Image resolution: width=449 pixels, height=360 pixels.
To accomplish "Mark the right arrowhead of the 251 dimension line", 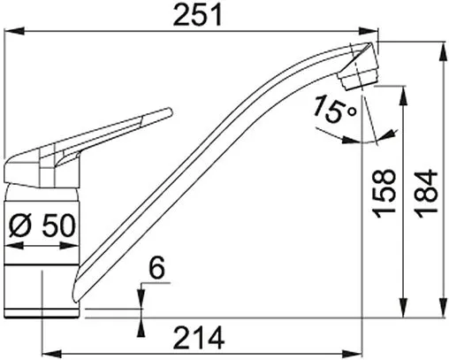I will pos(371,34).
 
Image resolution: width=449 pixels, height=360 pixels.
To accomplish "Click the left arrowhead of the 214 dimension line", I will pos(47,346).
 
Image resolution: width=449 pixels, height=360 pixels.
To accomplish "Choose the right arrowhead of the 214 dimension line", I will pos(358,346).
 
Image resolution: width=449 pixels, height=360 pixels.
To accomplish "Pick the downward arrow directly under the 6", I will pos(141,299).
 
